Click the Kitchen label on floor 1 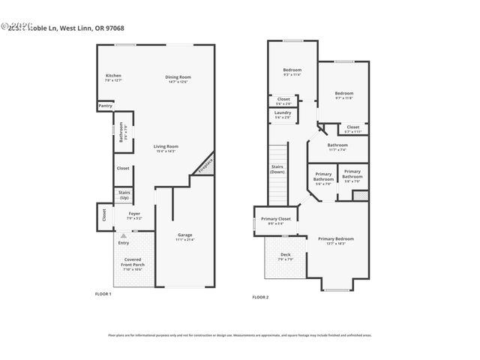click(113, 76)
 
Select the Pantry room click(105, 106)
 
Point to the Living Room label click(166, 147)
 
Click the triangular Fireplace click(206, 166)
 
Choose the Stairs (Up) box click(124, 195)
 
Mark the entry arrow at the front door click(124, 235)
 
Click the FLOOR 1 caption click(103, 293)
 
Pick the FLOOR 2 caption click(260, 298)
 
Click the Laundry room click(283, 115)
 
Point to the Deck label click(286, 256)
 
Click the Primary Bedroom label click(335, 240)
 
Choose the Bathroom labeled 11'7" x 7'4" click(337, 146)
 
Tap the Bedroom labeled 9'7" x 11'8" click(343, 95)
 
